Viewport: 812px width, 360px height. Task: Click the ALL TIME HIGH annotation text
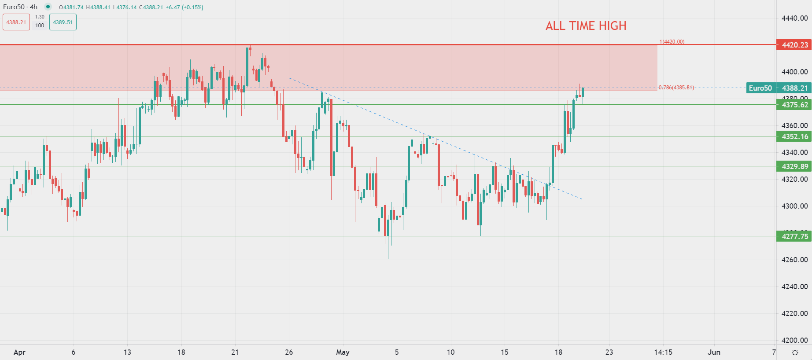[586, 26]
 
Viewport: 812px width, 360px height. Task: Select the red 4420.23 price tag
[794, 45]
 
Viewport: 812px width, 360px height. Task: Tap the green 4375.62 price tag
[794, 105]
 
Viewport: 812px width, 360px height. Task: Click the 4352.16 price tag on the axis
[794, 136]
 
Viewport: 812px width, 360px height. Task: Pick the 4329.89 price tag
[794, 166]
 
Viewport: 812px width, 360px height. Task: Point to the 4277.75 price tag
[794, 236]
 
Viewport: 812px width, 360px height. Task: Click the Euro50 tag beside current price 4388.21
[760, 88]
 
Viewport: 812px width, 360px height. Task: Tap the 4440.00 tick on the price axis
[794, 18]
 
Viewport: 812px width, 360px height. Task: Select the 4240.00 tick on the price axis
[794, 287]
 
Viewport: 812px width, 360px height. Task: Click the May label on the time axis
[343, 352]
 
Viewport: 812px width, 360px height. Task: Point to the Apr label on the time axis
[19, 352]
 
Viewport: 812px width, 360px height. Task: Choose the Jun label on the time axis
[714, 352]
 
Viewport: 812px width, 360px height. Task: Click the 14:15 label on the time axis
[663, 352]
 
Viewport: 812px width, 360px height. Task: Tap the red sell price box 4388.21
[16, 22]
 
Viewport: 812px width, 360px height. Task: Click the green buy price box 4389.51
[63, 22]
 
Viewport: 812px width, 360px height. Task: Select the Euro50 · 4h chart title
[20, 7]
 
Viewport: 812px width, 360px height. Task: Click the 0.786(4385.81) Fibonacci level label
[676, 88]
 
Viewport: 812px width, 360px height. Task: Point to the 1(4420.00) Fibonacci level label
[672, 42]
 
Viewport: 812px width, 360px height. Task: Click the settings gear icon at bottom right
[795, 353]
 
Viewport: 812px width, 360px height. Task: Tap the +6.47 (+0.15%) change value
[185, 7]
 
